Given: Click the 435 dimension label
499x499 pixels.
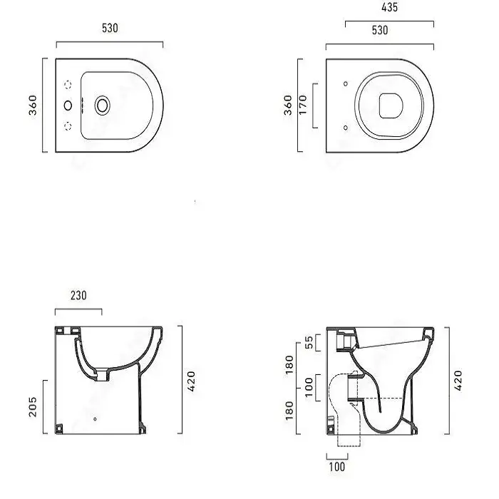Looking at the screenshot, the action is pyautogui.click(x=389, y=7).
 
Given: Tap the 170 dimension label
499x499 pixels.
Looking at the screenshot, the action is pyautogui.click(x=303, y=105).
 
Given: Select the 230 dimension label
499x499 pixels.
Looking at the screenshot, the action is pyautogui.click(x=78, y=296).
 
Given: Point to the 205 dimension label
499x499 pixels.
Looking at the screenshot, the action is pyautogui.click(x=33, y=407).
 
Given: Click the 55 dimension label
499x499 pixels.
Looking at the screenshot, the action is pyautogui.click(x=309, y=342).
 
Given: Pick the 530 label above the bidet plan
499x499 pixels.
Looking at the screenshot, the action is pyautogui.click(x=110, y=28).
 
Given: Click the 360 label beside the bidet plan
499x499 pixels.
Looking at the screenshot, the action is pyautogui.click(x=33, y=105).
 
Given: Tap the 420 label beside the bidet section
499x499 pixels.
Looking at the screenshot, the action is pyautogui.click(x=191, y=381).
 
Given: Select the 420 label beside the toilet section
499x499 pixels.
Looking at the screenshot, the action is pyautogui.click(x=458, y=380).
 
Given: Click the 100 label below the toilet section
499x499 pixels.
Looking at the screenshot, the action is pyautogui.click(x=336, y=467).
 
